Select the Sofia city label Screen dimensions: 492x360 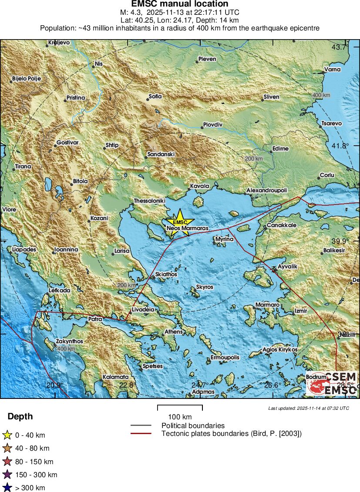click(155, 96)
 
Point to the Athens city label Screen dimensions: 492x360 click(174, 332)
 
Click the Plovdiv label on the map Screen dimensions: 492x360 click(212, 125)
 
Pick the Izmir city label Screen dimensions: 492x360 click(301, 311)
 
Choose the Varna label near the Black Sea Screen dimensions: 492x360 click(332, 69)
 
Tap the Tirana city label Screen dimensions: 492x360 click(23, 167)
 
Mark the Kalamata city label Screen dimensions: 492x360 click(115, 377)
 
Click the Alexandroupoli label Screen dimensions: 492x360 click(267, 191)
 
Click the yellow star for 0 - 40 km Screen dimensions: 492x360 click(7, 435)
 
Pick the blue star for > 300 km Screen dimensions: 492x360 click(7, 488)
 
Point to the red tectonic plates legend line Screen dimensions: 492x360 click(141, 433)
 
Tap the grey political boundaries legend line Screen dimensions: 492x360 click(141, 425)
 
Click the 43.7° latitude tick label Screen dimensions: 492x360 click(340, 47)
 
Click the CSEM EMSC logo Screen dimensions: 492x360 click(332, 383)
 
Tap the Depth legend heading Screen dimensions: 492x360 click(20, 417)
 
